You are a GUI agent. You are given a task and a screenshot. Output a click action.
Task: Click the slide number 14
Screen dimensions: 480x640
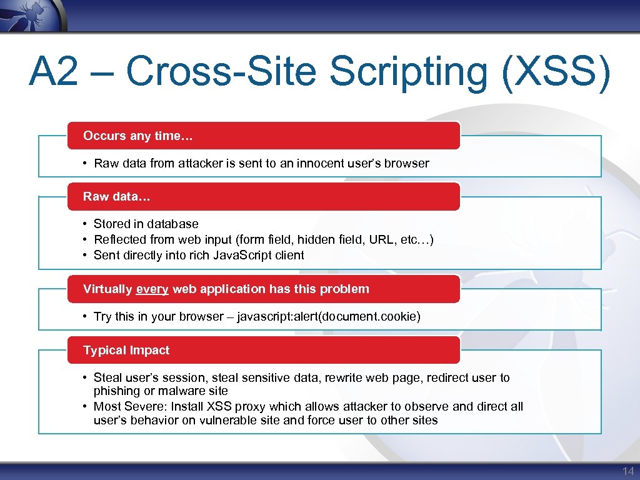(x=627, y=471)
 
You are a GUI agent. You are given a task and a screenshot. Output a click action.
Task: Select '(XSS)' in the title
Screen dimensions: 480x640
(x=555, y=72)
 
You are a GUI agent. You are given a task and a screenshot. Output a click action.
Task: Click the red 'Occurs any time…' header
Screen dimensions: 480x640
(x=263, y=136)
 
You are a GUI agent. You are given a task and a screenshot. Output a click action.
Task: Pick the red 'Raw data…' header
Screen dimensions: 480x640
(x=263, y=196)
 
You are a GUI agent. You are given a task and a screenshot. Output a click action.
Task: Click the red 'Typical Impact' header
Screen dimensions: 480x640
(x=263, y=350)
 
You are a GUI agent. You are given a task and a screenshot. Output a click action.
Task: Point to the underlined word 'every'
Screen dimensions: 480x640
(x=152, y=289)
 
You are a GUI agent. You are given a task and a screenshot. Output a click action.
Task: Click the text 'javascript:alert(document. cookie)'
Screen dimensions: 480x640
(x=329, y=316)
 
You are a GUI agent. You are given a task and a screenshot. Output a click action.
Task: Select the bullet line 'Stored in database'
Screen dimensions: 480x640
(x=146, y=224)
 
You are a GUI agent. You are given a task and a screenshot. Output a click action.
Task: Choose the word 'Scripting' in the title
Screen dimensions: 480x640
(x=409, y=72)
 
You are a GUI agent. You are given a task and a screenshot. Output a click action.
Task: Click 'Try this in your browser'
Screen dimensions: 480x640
(x=158, y=316)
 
